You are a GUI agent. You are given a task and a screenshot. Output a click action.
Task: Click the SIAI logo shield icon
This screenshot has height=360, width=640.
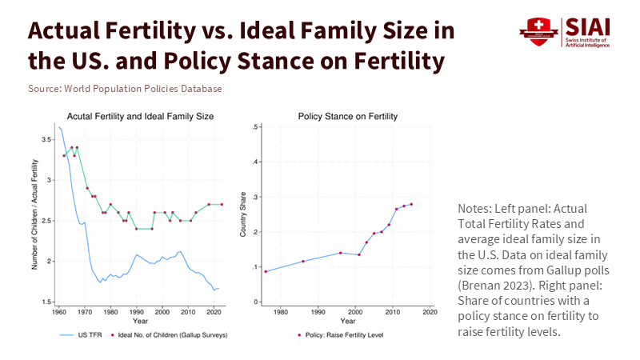coord(534,31)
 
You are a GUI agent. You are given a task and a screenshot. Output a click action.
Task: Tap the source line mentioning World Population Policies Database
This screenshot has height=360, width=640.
coord(125,89)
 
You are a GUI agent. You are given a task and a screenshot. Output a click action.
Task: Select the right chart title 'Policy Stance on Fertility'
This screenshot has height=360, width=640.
coord(347,116)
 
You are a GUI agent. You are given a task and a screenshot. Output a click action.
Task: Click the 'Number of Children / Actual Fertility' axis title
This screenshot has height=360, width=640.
coord(34,214)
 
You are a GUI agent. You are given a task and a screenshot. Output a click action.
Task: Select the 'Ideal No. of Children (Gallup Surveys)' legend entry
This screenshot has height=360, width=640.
coord(175,335)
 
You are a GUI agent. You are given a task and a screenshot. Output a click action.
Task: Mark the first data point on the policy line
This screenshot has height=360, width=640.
coord(266,271)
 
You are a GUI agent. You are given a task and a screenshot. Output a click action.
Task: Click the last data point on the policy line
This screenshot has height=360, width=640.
coord(411,204)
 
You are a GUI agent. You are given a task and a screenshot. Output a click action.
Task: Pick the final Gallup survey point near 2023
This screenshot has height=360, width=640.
coord(222,204)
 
